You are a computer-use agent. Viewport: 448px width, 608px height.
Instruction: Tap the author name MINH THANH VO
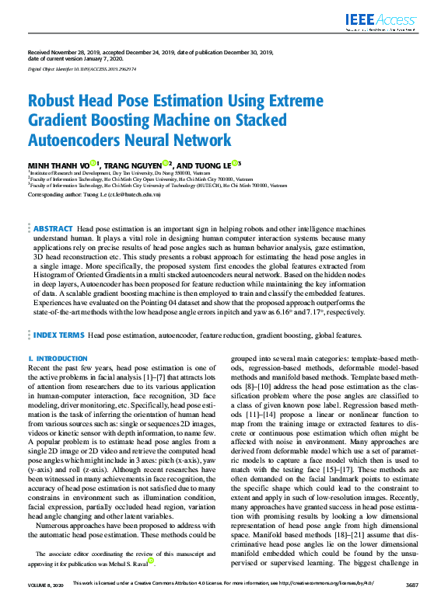tap(58, 165)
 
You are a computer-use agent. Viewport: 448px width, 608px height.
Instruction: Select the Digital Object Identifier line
tap(82, 69)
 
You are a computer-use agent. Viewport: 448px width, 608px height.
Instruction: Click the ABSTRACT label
tap(54, 230)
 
